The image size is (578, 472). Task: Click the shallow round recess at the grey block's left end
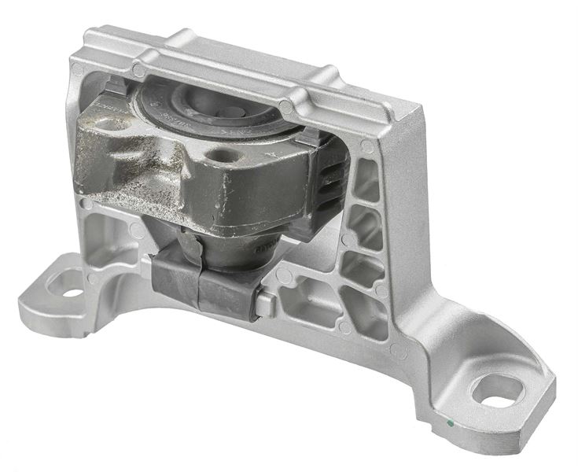tap(110, 125)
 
